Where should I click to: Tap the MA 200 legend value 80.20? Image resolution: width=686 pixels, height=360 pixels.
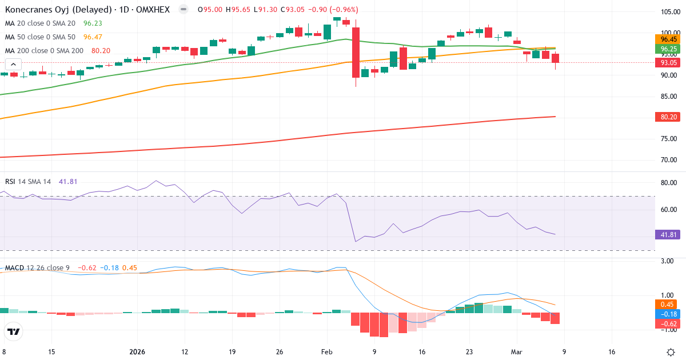tap(100, 51)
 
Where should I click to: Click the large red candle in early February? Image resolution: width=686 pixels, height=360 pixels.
tap(356, 53)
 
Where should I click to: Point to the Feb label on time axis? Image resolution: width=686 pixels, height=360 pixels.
tap(326, 352)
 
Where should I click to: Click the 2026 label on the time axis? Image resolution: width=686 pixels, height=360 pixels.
tap(137, 352)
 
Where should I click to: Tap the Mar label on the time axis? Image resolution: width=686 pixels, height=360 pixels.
tap(516, 352)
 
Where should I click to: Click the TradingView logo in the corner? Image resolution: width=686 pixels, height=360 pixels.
tap(14, 331)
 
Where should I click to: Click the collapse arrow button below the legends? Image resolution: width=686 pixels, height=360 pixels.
tap(13, 65)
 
